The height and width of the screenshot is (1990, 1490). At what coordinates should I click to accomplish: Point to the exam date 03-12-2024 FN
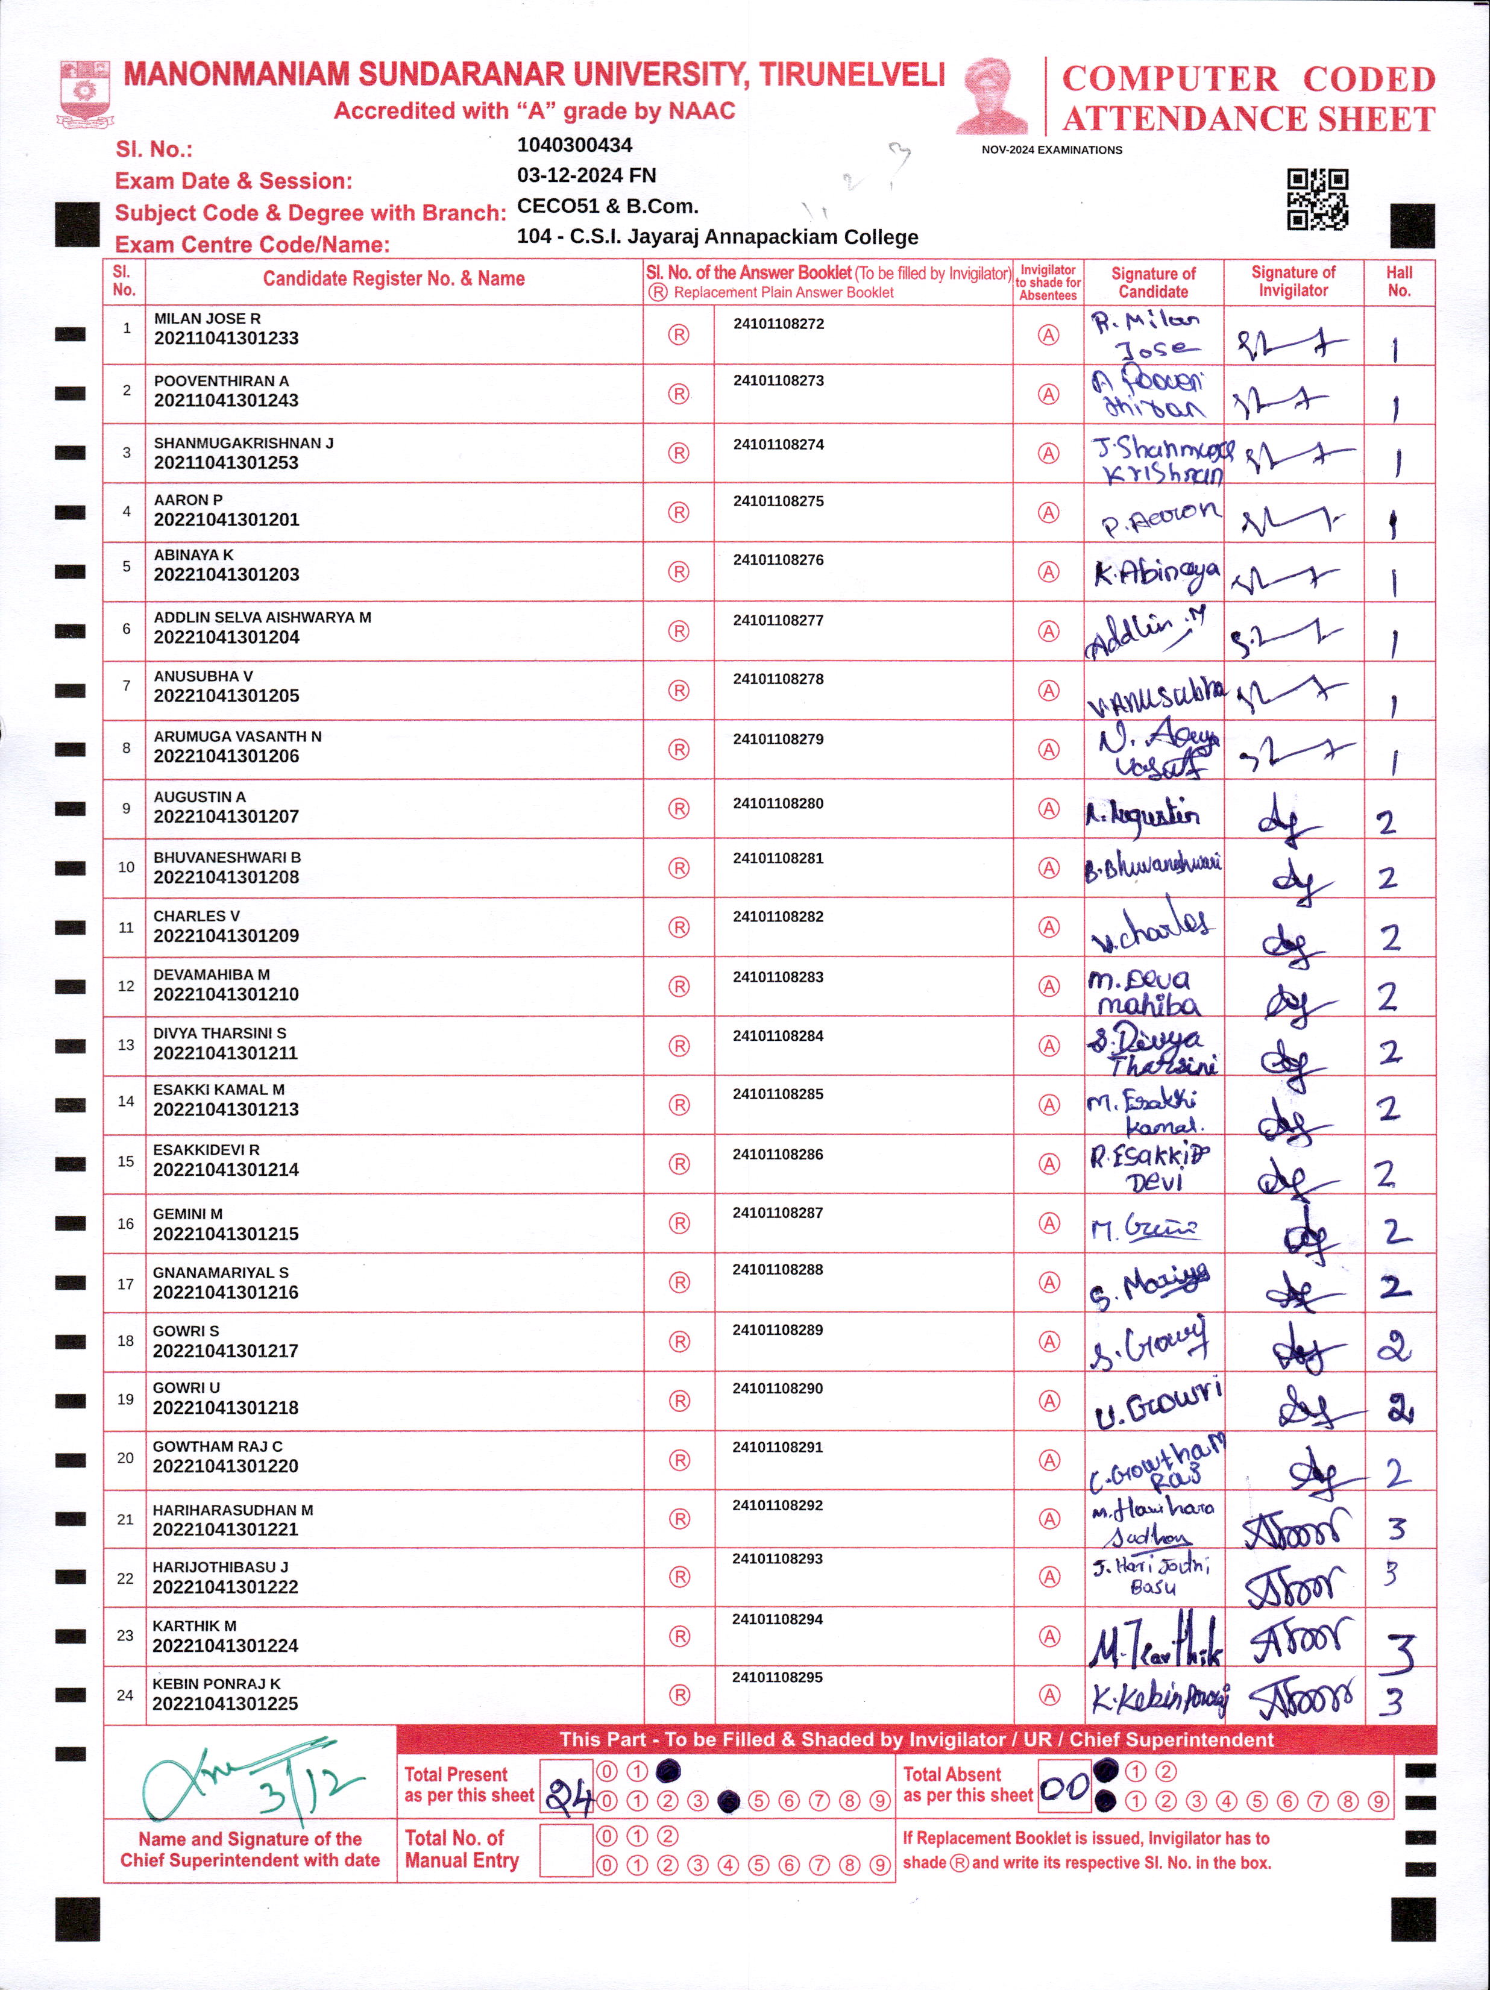pyautogui.click(x=586, y=175)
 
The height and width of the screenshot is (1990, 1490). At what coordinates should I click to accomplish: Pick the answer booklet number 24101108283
pyautogui.click(x=778, y=977)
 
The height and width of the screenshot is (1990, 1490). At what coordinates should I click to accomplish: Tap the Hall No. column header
pyautogui.click(x=1398, y=281)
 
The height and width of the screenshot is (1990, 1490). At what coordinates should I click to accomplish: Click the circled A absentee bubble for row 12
pyautogui.click(x=1048, y=987)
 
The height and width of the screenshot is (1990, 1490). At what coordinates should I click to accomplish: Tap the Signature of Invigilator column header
pyautogui.click(x=1293, y=281)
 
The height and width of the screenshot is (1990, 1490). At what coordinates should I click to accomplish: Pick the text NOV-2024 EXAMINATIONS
pyautogui.click(x=1052, y=150)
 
